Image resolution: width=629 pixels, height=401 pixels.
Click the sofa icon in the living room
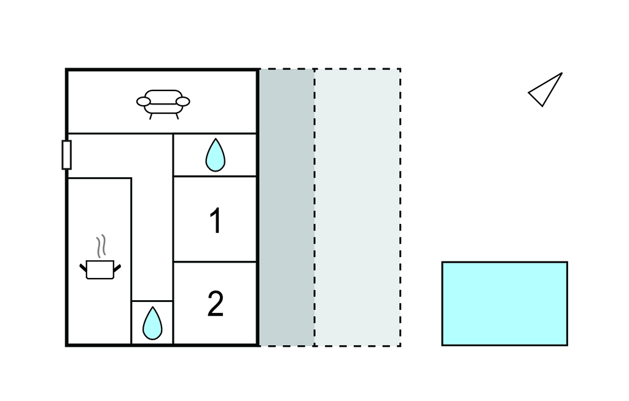pyautogui.click(x=163, y=103)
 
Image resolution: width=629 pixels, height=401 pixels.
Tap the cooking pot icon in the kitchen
pyautogui.click(x=100, y=269)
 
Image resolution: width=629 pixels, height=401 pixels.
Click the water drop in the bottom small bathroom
pyautogui.click(x=152, y=323)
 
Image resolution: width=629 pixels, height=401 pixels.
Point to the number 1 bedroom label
pyautogui.click(x=215, y=221)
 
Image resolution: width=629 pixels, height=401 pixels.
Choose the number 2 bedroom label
pyautogui.click(x=215, y=304)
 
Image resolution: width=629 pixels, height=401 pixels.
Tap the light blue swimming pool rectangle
pyautogui.click(x=504, y=303)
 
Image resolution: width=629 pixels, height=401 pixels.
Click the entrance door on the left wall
pyautogui.click(x=66, y=154)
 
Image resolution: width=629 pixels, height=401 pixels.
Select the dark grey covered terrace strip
pyautogui.click(x=286, y=207)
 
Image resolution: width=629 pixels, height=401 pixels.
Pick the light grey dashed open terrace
pyautogui.click(x=357, y=207)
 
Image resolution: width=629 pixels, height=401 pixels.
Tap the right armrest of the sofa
pyautogui.click(x=182, y=101)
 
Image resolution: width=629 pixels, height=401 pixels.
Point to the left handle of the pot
pyautogui.click(x=84, y=266)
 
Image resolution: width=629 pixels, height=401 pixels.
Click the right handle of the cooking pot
pyautogui.click(x=117, y=266)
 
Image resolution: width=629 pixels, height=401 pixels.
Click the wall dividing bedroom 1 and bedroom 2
pyautogui.click(x=215, y=261)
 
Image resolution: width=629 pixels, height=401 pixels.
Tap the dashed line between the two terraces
pyautogui.click(x=314, y=207)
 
